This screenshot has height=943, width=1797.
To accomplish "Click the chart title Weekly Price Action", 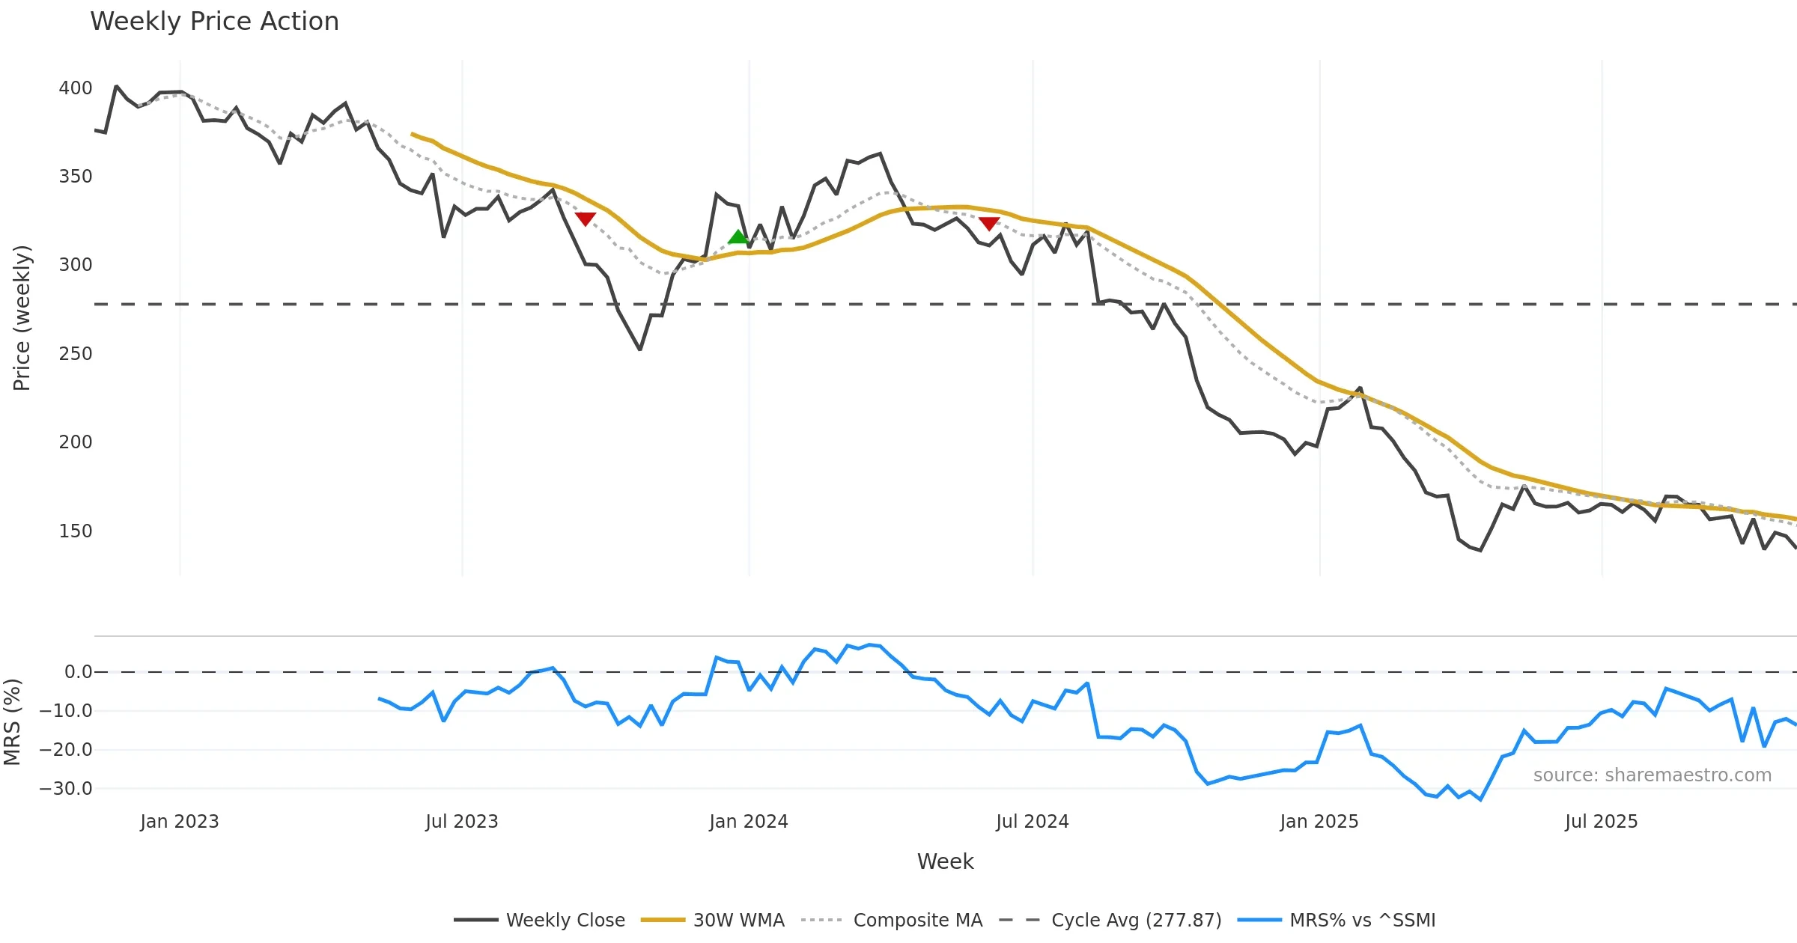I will (214, 22).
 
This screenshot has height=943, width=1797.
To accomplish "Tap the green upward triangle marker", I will (738, 237).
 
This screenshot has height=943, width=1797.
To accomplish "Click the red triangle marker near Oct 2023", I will (585, 219).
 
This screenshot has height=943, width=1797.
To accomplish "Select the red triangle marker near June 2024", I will (988, 223).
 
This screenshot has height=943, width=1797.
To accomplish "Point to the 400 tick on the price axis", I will (76, 88).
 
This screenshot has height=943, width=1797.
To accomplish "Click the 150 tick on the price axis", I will (76, 531).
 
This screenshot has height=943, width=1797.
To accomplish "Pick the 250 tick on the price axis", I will (76, 354).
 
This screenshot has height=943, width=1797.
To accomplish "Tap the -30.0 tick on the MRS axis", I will (67, 789).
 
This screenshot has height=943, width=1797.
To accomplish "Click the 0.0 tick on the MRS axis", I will (78, 672).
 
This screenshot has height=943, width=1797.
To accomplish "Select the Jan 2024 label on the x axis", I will (749, 822).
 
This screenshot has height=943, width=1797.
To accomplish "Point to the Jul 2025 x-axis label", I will (1601, 822).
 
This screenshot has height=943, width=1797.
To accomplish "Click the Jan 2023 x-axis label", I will (180, 822).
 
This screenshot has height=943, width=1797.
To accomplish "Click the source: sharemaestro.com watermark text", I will (1652, 775).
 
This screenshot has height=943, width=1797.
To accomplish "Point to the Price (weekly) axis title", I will (22, 318).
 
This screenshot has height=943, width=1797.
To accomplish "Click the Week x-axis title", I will (945, 862).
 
